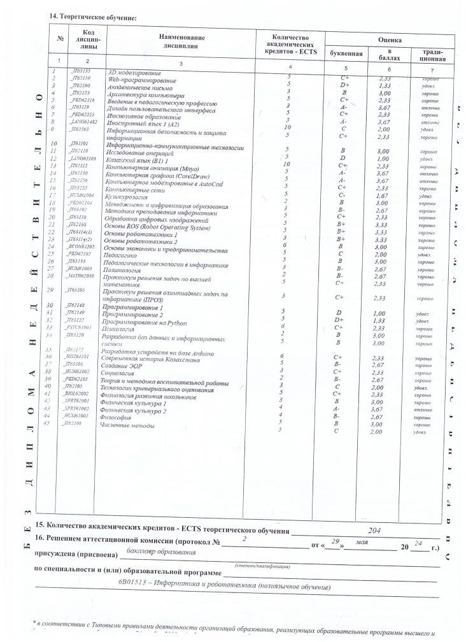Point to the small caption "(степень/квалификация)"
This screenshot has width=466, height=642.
(x=263, y=566)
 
